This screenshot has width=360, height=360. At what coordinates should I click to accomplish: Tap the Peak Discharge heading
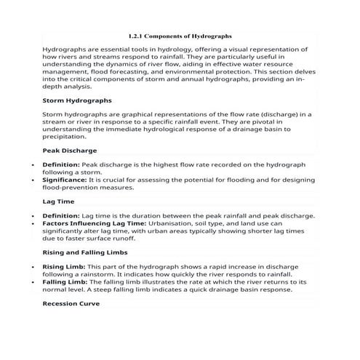[x=70, y=151]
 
